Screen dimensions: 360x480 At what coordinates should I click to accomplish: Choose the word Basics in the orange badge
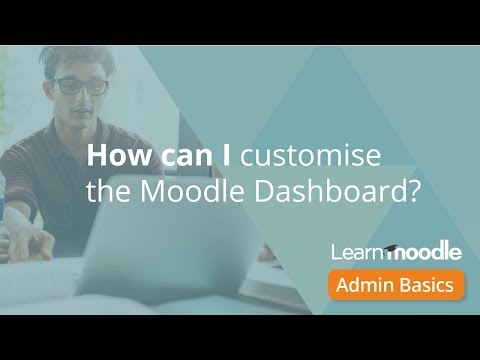[x=428, y=285]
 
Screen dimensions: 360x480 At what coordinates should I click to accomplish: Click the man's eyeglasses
[x=82, y=86]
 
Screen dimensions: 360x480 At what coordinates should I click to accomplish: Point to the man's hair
[x=80, y=57]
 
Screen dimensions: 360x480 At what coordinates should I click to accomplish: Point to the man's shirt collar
[x=60, y=135]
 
